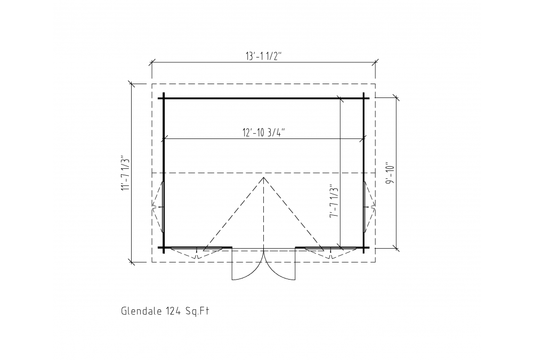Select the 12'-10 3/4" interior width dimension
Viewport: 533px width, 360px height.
(x=263, y=133)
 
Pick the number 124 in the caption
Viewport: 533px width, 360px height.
(x=173, y=311)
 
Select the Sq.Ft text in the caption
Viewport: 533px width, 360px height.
(x=197, y=311)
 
